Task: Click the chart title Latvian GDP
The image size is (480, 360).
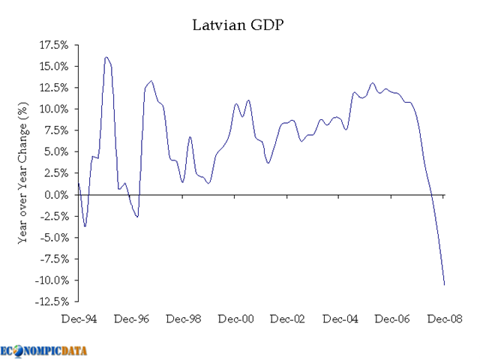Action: [239, 25]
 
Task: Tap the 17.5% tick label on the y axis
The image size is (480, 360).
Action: [54, 45]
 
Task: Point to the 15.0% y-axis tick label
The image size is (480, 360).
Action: [54, 66]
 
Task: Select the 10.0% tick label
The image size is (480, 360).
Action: [54, 109]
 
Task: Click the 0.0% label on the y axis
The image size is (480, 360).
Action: [57, 195]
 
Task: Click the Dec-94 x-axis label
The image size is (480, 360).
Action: [79, 319]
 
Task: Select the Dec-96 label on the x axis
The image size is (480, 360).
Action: [131, 319]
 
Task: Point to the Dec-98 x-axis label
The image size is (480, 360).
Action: [184, 319]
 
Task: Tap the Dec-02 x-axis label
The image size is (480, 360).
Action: [288, 319]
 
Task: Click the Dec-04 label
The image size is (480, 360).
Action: [340, 319]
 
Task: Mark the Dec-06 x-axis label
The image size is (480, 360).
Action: [392, 319]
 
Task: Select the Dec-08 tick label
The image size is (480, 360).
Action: [444, 319]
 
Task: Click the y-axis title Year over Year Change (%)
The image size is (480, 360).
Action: [23, 173]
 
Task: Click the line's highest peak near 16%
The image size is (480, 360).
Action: [106, 57]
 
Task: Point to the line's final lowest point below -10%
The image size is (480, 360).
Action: [444, 284]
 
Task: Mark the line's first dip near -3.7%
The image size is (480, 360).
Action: [85, 226]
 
